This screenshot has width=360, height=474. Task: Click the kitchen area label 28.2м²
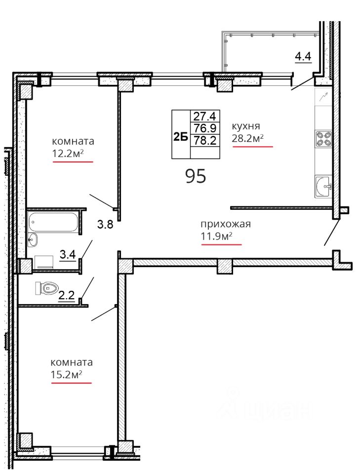pos(248,138)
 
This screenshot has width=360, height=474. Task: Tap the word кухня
pos(246,126)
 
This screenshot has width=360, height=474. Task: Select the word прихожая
pos(226,224)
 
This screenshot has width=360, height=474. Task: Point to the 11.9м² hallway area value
pos(216,236)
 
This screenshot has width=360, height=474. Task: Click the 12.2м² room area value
pos(68,154)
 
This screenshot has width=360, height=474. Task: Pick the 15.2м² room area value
pos(67,375)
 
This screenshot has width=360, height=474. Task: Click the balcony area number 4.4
pos(303,56)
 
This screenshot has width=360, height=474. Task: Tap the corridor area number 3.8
pos(105,224)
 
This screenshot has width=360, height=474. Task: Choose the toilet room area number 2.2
pos(67,295)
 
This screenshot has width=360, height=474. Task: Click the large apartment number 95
pos(196,176)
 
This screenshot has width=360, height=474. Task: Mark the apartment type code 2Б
pos(181,137)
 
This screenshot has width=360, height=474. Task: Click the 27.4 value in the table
pos(205,116)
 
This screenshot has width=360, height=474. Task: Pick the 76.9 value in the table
pos(205,128)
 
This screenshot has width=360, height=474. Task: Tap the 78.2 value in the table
pos(205,140)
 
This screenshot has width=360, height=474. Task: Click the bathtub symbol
pos(54,222)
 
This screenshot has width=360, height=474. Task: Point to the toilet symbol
pos(46,288)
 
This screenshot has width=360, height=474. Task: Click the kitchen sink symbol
pos(323,187)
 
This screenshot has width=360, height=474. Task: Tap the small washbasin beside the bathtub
pos(33,240)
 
